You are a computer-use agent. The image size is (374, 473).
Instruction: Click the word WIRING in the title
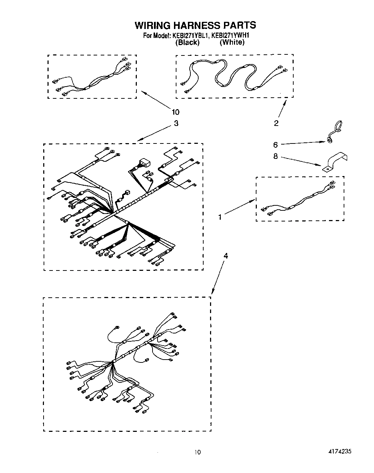152,25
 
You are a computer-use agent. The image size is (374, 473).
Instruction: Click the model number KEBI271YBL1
190,36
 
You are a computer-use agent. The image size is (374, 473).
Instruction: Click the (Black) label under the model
187,43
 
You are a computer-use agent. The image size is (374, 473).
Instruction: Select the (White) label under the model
232,43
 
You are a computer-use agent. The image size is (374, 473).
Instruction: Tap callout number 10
175,112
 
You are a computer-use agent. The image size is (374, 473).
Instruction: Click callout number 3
176,123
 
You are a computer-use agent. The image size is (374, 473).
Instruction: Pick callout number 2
276,123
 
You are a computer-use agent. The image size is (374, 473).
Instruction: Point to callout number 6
275,145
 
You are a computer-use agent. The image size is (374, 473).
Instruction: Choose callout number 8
275,157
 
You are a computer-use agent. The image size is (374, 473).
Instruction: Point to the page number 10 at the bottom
198,452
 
